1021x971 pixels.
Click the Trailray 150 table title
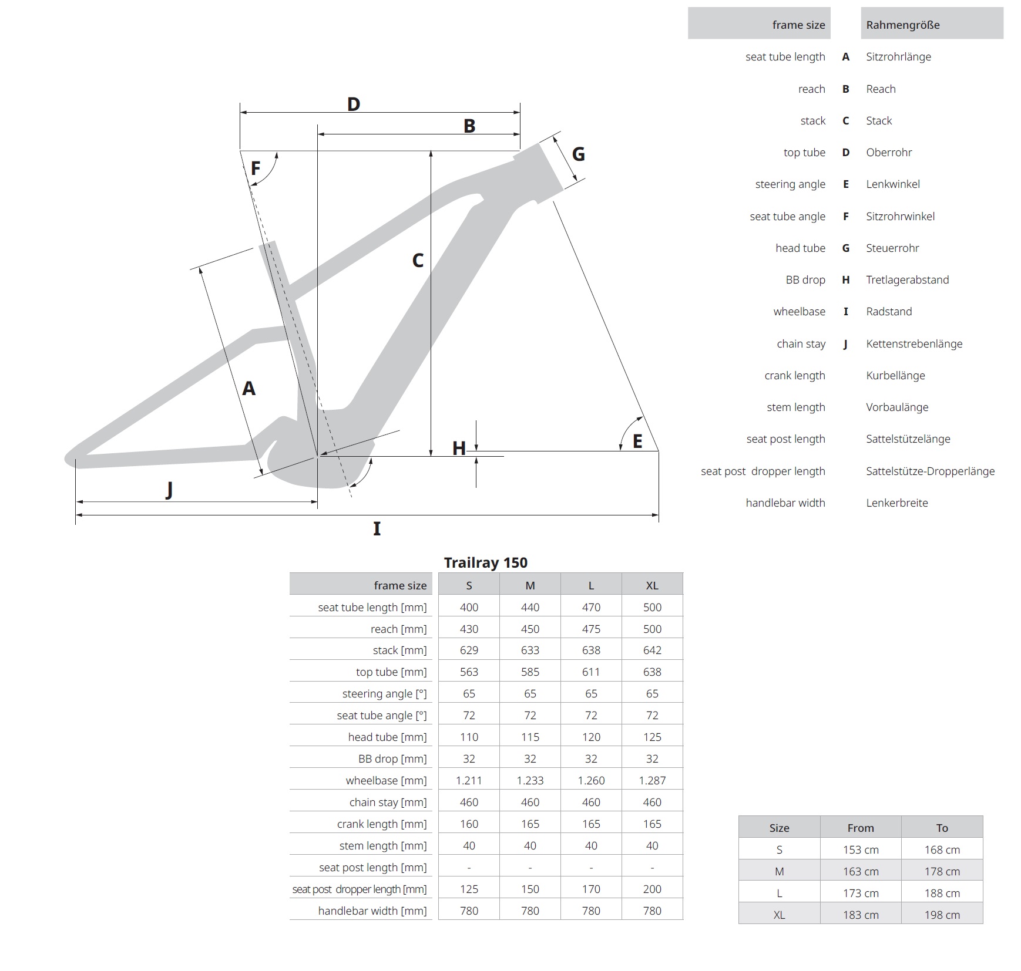485,562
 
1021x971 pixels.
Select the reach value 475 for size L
591,629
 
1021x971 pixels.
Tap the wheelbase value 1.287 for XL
652,780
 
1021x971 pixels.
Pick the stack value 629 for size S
469,650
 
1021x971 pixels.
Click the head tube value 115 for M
530,737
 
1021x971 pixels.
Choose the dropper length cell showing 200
652,889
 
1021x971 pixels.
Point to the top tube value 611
591,672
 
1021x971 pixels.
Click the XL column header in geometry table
652,585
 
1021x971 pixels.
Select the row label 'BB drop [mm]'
392,758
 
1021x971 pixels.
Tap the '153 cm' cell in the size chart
861,849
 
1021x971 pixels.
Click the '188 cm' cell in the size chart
942,893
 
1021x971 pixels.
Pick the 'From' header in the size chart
861,828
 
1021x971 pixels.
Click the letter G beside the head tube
578,154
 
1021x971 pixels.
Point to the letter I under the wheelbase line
377,529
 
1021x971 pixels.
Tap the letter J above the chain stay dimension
169,489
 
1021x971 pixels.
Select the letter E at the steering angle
637,441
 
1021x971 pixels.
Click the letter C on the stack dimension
418,261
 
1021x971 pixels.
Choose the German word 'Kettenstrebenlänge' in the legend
914,344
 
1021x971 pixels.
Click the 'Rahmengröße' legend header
903,25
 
